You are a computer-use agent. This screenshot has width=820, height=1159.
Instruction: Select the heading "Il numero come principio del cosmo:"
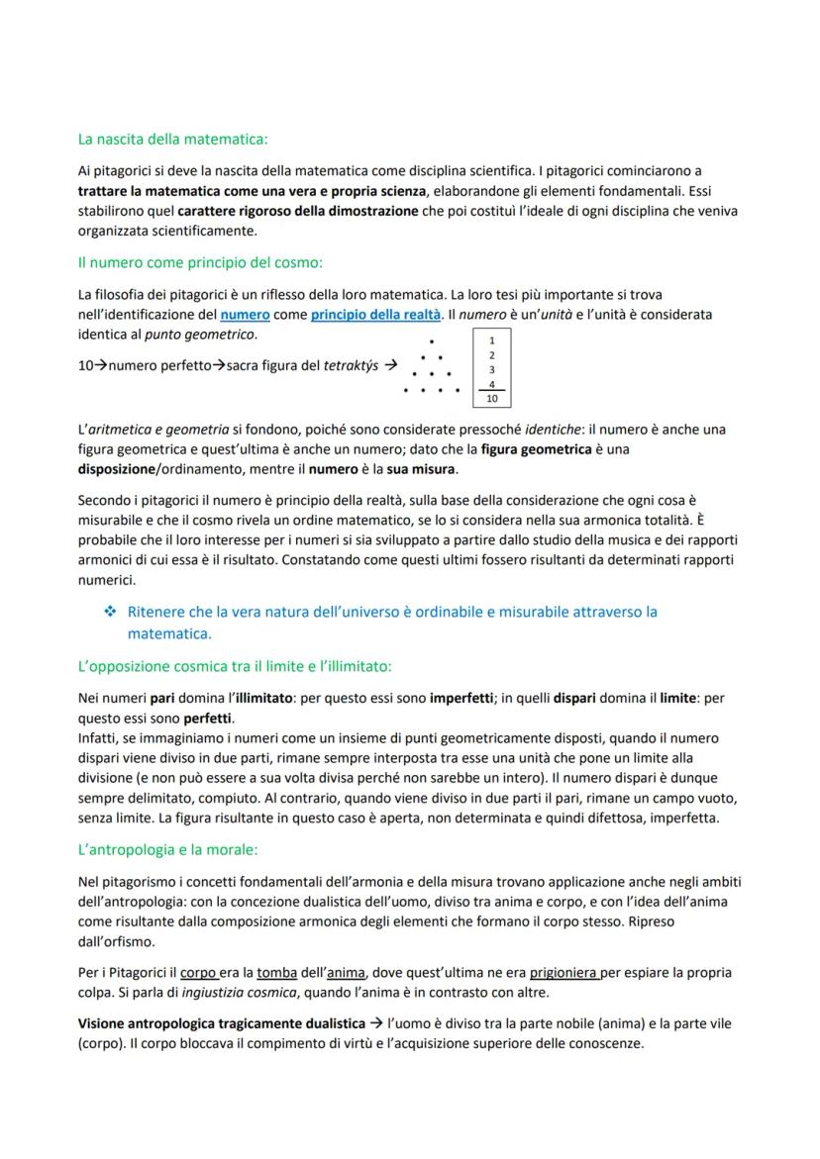[x=200, y=263]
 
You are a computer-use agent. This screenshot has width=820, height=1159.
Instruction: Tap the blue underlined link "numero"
[x=245, y=315]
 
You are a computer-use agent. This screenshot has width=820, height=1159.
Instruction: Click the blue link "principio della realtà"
[x=375, y=315]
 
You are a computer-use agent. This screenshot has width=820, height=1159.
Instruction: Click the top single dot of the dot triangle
[x=431, y=341]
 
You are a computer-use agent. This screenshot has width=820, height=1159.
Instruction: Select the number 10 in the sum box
[x=491, y=399]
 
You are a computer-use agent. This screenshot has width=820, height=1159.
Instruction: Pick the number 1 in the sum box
[x=492, y=339]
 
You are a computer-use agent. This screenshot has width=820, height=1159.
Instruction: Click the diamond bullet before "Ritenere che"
[x=110, y=612]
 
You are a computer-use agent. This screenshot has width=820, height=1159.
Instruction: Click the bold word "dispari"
[x=575, y=698]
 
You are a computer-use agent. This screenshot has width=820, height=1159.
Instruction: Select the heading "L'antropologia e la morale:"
[x=168, y=850]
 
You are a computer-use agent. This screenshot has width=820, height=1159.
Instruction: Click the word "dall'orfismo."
[x=116, y=942]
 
